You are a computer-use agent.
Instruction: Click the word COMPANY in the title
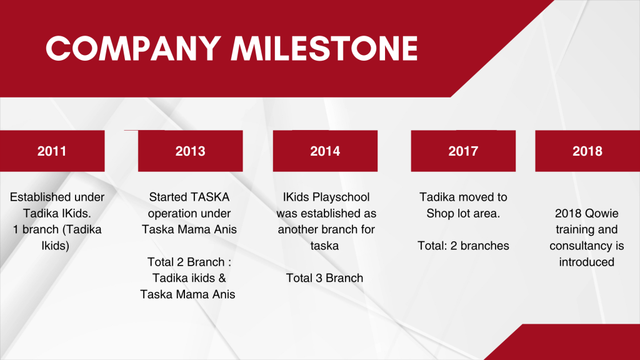point(134,48)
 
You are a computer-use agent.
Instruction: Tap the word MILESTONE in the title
point(324,48)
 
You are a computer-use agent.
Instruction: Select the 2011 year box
point(52,151)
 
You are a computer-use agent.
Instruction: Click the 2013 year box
point(190,151)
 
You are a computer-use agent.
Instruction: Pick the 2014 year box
point(325,151)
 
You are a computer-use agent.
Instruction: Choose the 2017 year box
point(463,151)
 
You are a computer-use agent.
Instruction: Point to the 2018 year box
point(587,151)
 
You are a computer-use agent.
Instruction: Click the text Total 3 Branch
point(324,278)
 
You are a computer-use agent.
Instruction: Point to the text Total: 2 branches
point(463,246)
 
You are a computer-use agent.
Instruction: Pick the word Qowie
point(602,214)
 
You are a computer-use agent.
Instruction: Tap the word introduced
point(586,262)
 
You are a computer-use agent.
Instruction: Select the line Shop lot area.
point(463,214)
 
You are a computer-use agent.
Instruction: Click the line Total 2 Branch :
point(189,262)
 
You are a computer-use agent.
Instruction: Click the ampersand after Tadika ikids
point(222,278)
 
